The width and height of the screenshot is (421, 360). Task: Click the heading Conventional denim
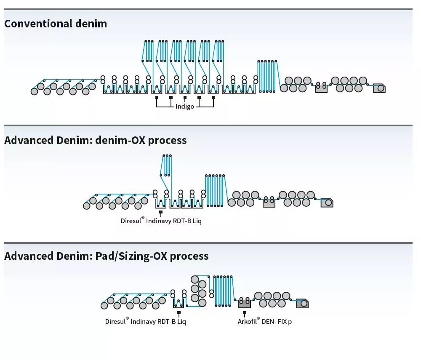coord(56,24)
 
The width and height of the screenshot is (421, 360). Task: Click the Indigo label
coord(185,107)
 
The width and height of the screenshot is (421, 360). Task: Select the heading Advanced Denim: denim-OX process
coord(96,140)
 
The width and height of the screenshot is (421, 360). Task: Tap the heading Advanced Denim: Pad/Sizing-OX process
coord(107,256)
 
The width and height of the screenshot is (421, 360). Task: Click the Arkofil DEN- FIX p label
coord(265,322)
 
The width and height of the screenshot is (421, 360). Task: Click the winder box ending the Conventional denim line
coord(379,88)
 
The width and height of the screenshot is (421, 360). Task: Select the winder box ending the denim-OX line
coord(327,203)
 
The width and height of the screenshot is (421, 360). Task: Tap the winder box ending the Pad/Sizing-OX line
coord(302,303)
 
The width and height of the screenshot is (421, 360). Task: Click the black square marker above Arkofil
coord(245,313)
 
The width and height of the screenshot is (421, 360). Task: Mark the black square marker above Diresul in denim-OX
coord(160,213)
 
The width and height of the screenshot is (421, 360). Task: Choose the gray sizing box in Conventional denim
coord(321,88)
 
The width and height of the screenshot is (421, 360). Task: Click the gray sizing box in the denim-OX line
coord(269,203)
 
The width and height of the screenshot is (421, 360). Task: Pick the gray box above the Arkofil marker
coord(245,304)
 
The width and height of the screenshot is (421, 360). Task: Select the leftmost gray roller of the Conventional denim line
coord(35,91)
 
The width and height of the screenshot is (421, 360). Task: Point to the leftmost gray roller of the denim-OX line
coord(87,205)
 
